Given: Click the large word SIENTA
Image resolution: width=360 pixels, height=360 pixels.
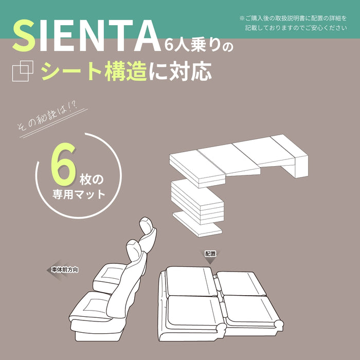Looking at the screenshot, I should (x=85, y=37).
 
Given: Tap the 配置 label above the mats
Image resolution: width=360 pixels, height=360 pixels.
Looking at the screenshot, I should (x=210, y=254).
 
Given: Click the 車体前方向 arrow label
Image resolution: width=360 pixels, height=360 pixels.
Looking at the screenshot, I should (x=64, y=269).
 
